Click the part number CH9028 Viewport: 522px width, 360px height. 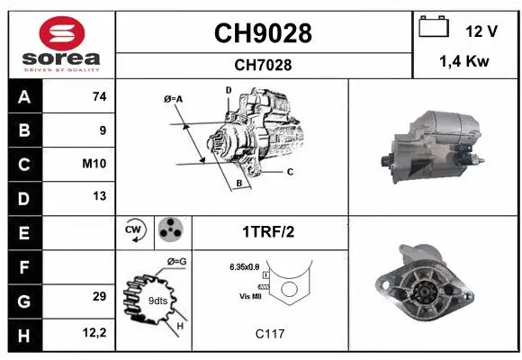click(263, 33)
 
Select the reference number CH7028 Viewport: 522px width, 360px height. click(263, 65)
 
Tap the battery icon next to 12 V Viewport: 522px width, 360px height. click(435, 28)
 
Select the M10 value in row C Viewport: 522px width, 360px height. click(95, 164)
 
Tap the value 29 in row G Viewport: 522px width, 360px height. click(99, 296)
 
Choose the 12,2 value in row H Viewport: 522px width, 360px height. click(94, 333)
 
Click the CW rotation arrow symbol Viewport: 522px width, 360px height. click(135, 232)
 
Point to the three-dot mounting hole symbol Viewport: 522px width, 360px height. click(169, 231)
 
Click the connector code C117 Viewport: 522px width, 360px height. click(270, 334)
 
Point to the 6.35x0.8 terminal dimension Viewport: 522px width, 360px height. click(246, 267)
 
